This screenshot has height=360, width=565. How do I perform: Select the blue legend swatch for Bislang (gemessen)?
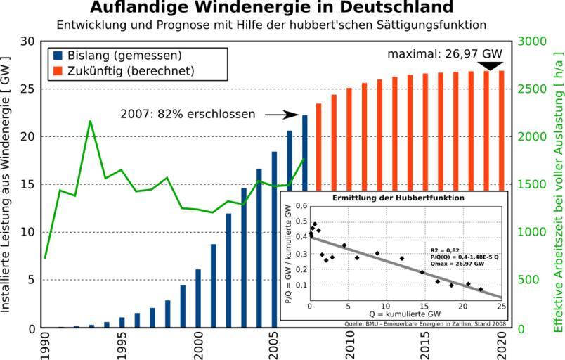(56, 55)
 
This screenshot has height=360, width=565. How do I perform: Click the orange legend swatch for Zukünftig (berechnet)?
(56, 70)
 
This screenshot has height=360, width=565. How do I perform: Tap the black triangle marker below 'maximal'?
(490, 66)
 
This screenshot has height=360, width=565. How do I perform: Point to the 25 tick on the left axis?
(28, 89)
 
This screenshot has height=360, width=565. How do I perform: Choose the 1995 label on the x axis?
(122, 345)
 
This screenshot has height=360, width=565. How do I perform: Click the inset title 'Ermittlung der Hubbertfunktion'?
(398, 198)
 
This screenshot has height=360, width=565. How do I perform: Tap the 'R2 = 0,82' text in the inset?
(445, 250)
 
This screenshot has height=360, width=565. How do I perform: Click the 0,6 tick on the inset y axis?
(301, 206)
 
